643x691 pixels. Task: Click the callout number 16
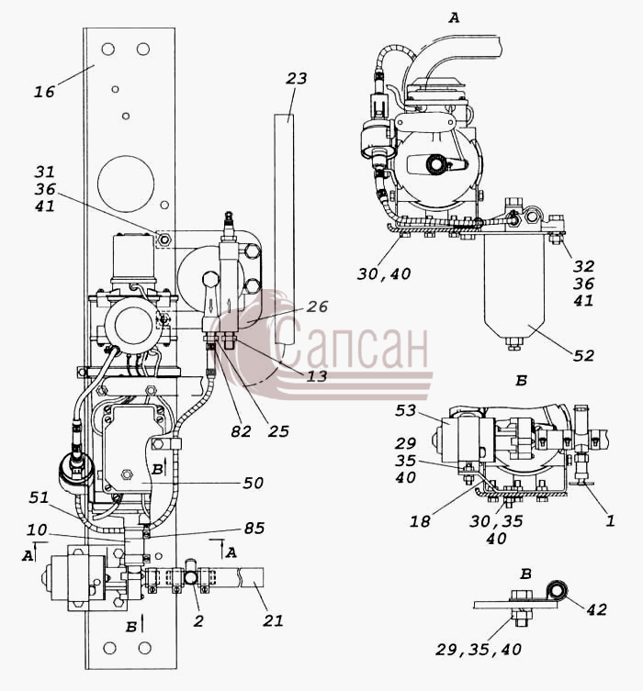click(x=44, y=92)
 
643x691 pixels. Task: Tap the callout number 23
click(x=296, y=78)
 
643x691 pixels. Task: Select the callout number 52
click(x=583, y=355)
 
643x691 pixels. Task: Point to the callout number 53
click(x=405, y=410)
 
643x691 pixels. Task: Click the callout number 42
click(x=596, y=609)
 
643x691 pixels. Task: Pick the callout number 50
click(x=254, y=483)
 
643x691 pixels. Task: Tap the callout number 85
click(x=254, y=528)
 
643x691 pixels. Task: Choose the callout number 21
click(x=273, y=620)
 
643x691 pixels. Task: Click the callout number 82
click(x=241, y=431)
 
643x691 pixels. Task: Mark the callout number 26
click(x=317, y=306)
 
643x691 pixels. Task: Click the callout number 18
click(x=420, y=521)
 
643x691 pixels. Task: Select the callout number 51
click(x=39, y=497)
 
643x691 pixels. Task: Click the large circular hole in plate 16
click(x=126, y=184)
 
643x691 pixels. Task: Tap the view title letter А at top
click(x=454, y=18)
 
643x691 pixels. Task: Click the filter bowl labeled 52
click(x=513, y=286)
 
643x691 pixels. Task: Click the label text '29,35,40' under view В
click(x=479, y=649)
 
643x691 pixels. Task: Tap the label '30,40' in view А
click(x=384, y=274)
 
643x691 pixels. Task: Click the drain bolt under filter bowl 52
click(x=513, y=343)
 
